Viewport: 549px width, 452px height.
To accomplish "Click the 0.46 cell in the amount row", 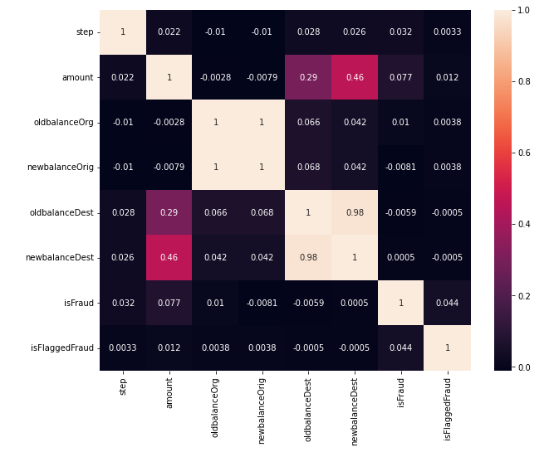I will pos(354,77).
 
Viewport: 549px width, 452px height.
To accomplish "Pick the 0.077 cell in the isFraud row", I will pos(169,303).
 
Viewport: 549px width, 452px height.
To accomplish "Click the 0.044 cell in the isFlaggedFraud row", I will pos(400,348).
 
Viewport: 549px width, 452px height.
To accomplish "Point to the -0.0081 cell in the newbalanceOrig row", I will pos(400,168).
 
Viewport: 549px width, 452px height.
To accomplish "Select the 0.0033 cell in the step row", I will pos(447,32).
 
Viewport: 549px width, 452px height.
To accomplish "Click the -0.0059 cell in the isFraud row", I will pos(308,303).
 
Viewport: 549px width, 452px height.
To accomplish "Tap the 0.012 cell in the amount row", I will pos(447,77).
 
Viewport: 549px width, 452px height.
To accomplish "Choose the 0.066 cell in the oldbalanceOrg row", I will pos(308,123).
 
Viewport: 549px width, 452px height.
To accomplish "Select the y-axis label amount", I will pos(79,77).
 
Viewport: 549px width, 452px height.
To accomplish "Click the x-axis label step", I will pos(123,385).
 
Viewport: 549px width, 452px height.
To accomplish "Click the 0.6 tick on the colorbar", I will pos(525,153).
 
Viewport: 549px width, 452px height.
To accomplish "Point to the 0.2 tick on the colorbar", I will pos(525,295).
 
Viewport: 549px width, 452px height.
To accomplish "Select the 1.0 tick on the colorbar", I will pos(525,10).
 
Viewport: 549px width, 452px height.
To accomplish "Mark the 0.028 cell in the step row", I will pos(308,32).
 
